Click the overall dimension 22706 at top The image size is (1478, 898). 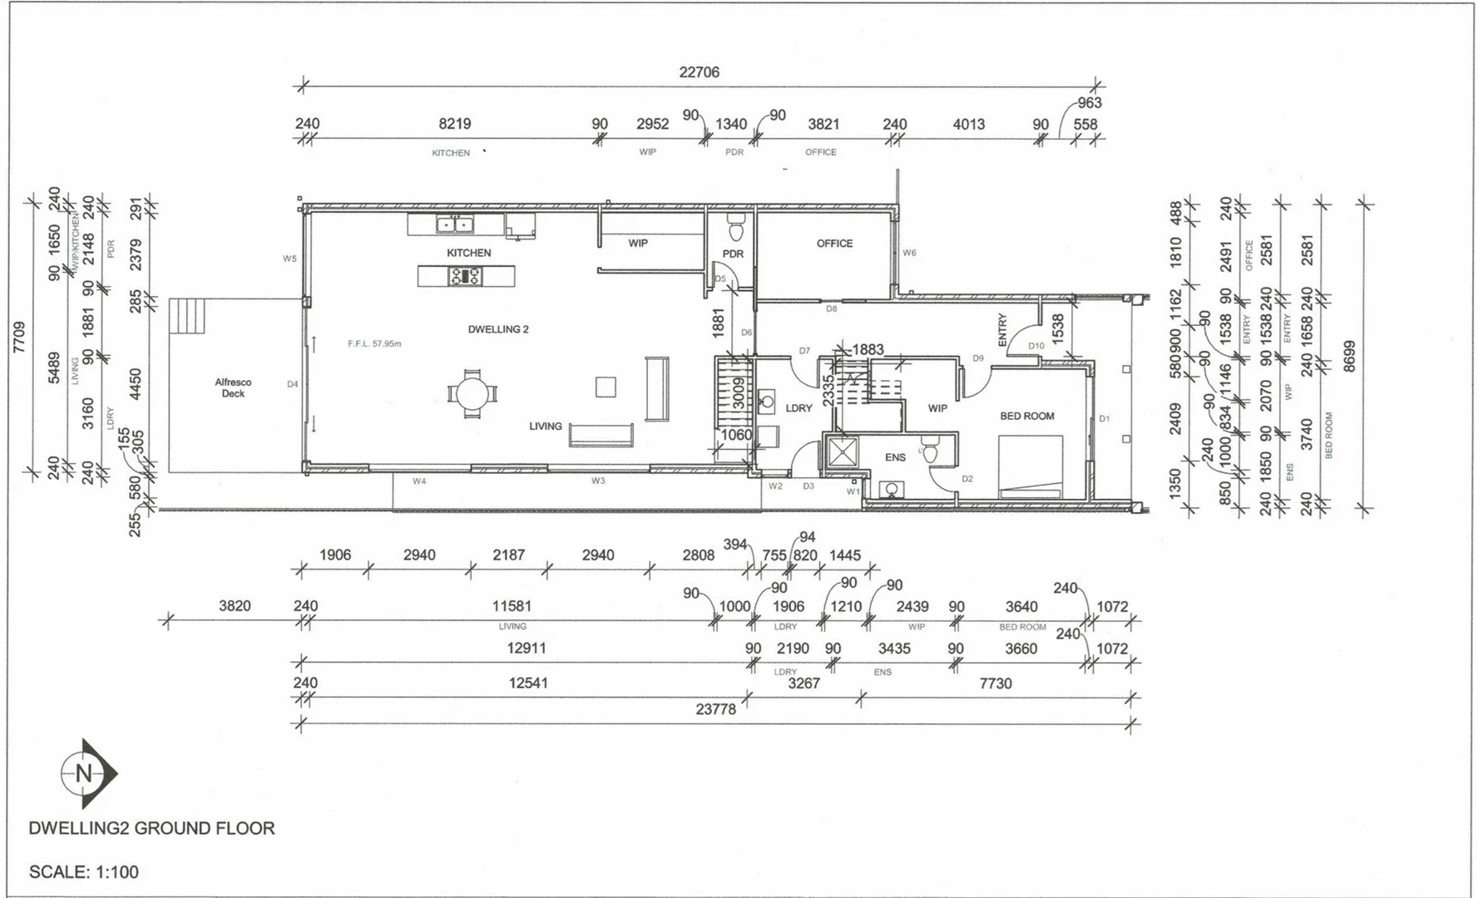[x=699, y=72]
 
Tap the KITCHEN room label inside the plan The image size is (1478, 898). [x=468, y=253]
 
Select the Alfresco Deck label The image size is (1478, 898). [x=233, y=387]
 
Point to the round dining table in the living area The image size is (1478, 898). [x=472, y=392]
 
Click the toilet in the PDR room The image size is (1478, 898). [x=734, y=227]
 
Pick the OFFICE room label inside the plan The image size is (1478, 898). [x=834, y=244]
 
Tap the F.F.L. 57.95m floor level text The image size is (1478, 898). [x=374, y=343]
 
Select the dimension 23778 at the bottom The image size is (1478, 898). [x=715, y=709]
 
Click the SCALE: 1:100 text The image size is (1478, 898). [x=83, y=872]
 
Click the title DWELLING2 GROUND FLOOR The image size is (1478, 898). [x=151, y=828]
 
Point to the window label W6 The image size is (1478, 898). [x=909, y=253]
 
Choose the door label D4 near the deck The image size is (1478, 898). [x=292, y=384]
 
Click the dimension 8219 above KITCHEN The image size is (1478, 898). [x=454, y=124]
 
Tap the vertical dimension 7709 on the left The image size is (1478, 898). [x=19, y=338]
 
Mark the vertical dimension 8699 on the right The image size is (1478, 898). [x=1349, y=356]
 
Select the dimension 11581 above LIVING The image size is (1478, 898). [x=512, y=606]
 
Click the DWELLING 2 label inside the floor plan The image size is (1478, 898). [x=498, y=329]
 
